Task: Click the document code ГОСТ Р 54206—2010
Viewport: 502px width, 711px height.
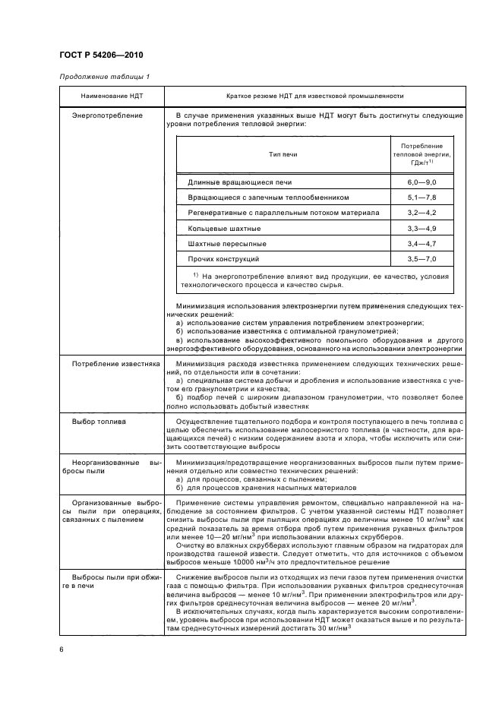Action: [101, 55]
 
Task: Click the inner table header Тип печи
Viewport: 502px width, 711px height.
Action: [283, 154]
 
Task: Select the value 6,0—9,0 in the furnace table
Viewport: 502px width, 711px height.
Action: [421, 182]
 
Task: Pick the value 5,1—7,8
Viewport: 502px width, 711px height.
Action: [421, 197]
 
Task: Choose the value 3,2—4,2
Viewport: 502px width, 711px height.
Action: [421, 213]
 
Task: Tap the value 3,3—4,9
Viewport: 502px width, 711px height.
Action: [421, 228]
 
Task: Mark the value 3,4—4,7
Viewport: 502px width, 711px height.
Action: [421, 243]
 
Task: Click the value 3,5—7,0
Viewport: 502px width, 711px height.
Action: [421, 259]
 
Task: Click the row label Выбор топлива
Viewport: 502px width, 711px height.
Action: [99, 420]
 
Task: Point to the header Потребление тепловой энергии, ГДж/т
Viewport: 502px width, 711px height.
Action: [421, 154]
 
